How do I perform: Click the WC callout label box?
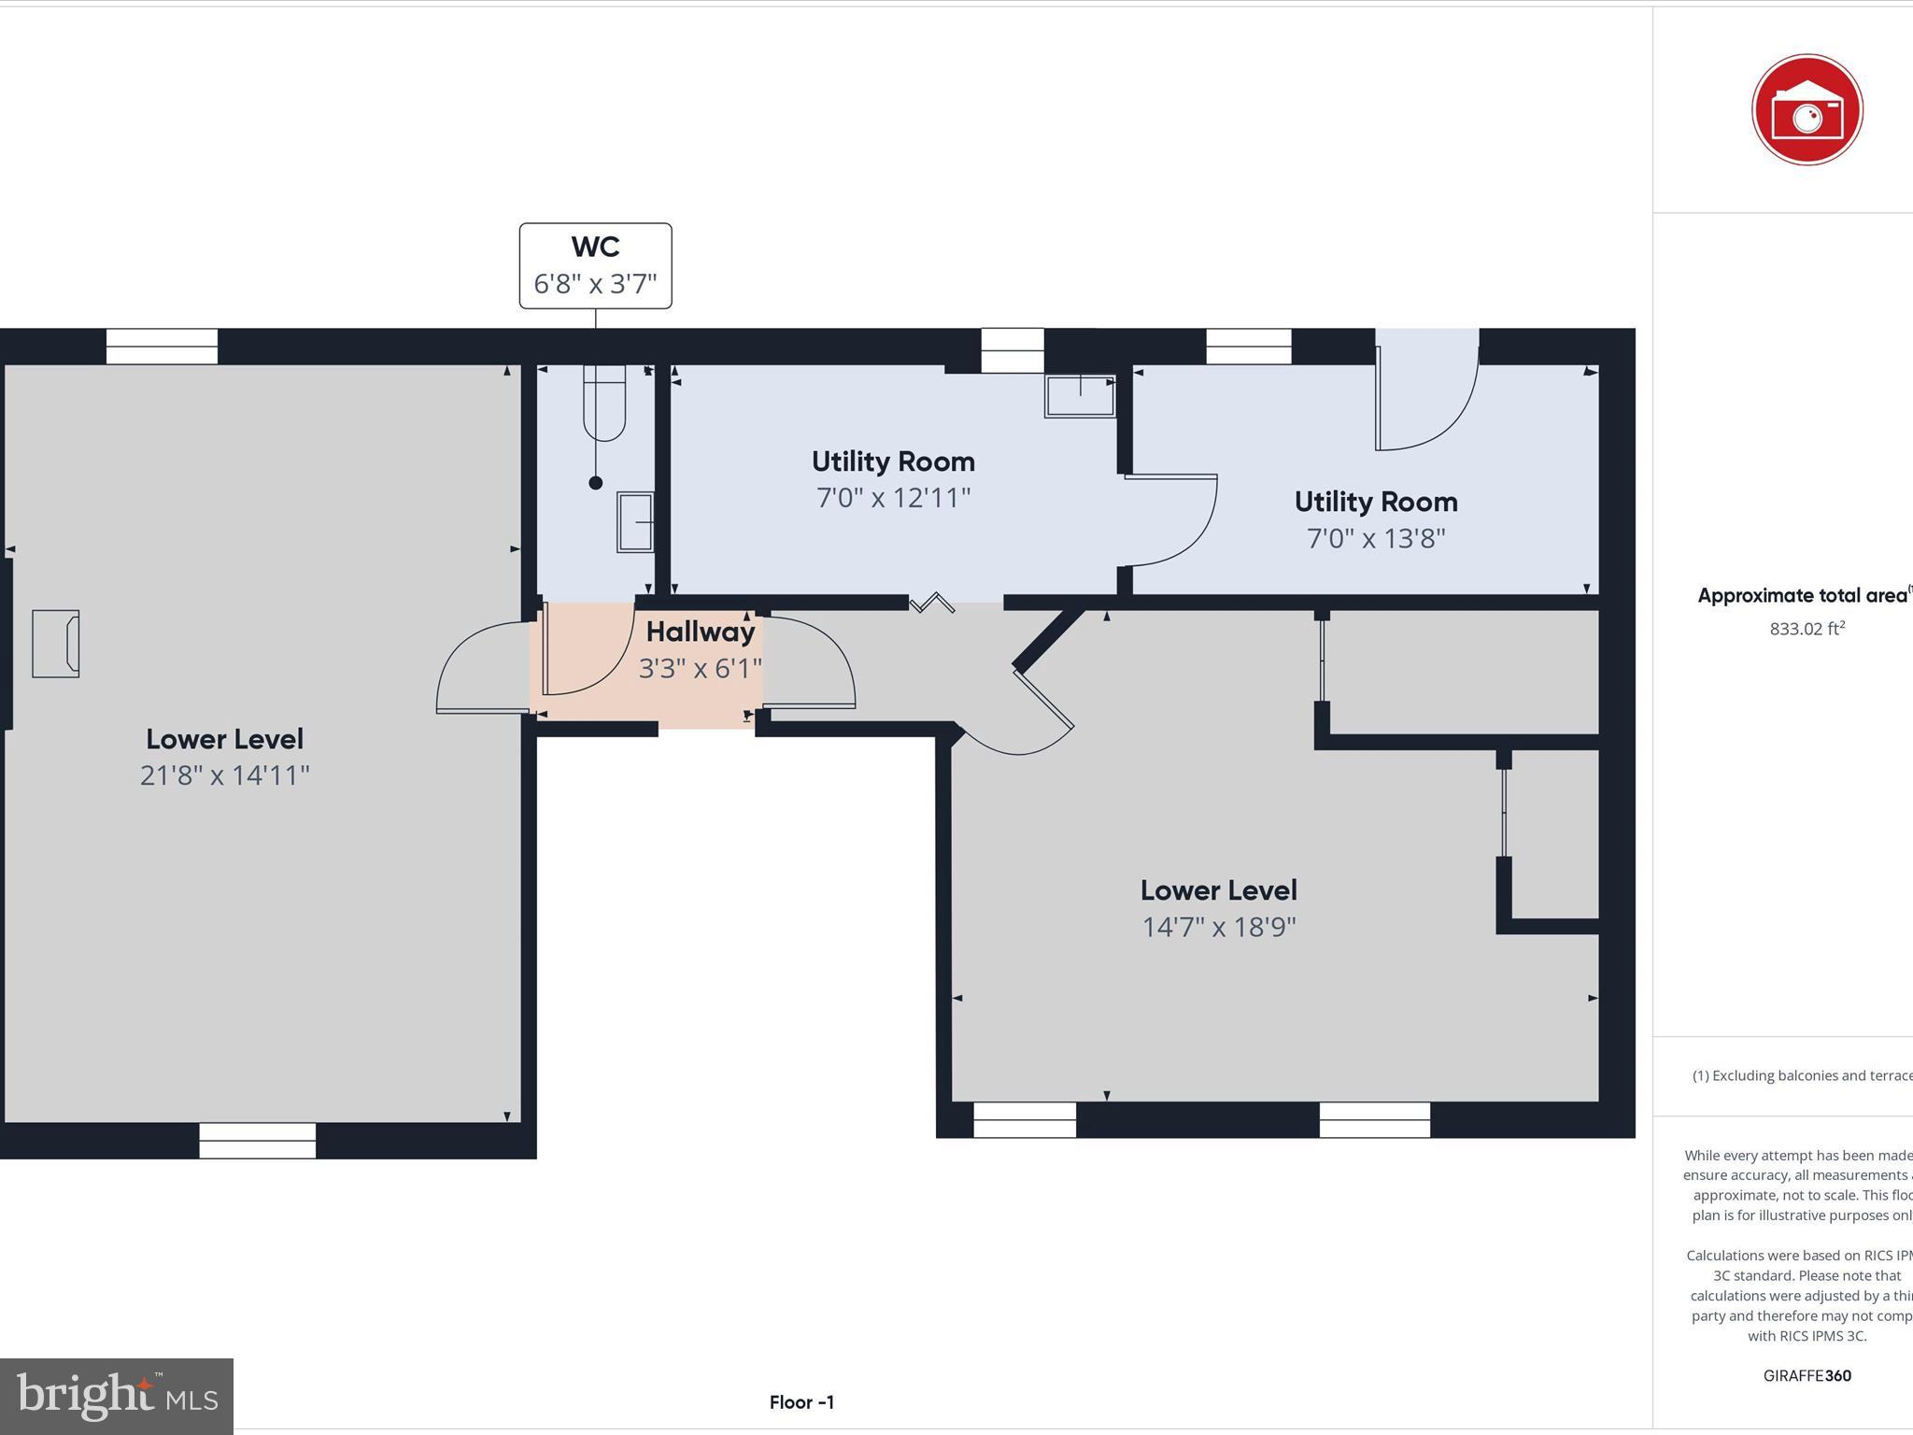point(595,265)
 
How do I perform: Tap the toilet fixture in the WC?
point(604,404)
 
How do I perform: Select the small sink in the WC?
point(635,523)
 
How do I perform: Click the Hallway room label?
point(700,632)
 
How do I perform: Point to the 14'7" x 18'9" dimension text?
point(1218,927)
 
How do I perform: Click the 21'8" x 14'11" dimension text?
point(224,775)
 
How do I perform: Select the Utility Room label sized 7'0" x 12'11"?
point(893,462)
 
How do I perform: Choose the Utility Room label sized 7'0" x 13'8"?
point(1375,502)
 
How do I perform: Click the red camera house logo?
point(1807,110)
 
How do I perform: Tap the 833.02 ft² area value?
point(1807,629)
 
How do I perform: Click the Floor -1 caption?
point(801,1402)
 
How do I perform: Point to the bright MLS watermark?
point(117,1396)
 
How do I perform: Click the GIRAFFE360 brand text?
point(1807,1375)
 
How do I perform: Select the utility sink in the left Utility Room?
point(1080,396)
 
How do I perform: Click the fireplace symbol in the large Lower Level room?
point(56,643)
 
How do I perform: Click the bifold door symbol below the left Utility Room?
point(932,604)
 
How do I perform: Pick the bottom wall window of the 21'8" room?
point(257,1140)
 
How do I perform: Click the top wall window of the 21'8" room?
point(162,347)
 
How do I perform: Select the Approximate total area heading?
point(1802,596)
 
